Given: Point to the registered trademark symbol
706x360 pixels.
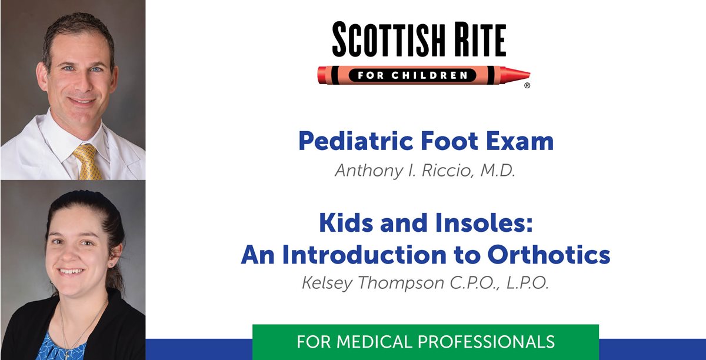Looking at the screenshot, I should (x=527, y=86).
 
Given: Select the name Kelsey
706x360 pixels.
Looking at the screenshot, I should (x=327, y=284).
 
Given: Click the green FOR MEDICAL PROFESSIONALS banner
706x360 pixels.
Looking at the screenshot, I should (x=425, y=341).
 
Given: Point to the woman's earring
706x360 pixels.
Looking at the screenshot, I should (x=111, y=265).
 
